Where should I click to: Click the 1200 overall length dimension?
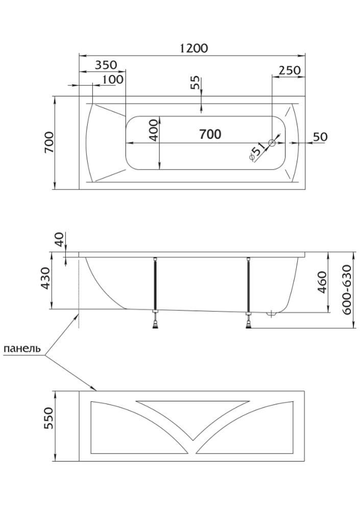click(194, 48)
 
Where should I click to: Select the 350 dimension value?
click(106, 65)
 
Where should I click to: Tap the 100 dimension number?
click(112, 80)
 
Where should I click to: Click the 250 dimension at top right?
click(290, 70)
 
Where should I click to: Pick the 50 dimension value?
click(320, 137)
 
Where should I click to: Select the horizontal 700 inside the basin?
click(210, 134)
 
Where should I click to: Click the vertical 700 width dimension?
click(49, 142)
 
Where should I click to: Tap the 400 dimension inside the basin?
click(153, 130)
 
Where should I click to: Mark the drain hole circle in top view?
click(272, 143)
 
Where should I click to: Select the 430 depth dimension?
click(46, 279)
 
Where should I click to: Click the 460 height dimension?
click(322, 282)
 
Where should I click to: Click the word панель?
click(22, 349)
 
